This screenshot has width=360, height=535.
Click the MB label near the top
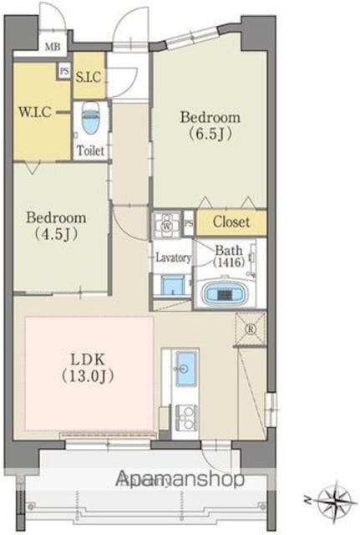click(53, 47)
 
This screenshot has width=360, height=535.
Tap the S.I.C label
click(89, 78)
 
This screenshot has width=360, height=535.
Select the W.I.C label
click(35, 112)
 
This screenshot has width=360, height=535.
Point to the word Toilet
click(90, 150)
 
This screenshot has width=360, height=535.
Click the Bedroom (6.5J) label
click(210, 125)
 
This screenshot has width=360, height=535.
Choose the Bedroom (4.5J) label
click(56, 226)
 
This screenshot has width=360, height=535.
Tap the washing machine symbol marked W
click(167, 225)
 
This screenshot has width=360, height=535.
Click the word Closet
click(231, 222)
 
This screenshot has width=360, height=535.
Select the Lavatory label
click(173, 257)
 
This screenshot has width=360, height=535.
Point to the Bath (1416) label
click(229, 256)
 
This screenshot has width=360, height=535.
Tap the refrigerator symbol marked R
click(251, 329)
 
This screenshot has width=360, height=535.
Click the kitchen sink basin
click(186, 369)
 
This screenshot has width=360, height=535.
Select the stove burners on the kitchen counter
click(185, 416)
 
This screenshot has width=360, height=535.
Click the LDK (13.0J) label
click(88, 368)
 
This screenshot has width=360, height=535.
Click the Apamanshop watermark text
click(180, 479)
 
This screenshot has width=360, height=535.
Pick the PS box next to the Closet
click(190, 223)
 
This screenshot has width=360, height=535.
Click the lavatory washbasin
click(171, 285)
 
